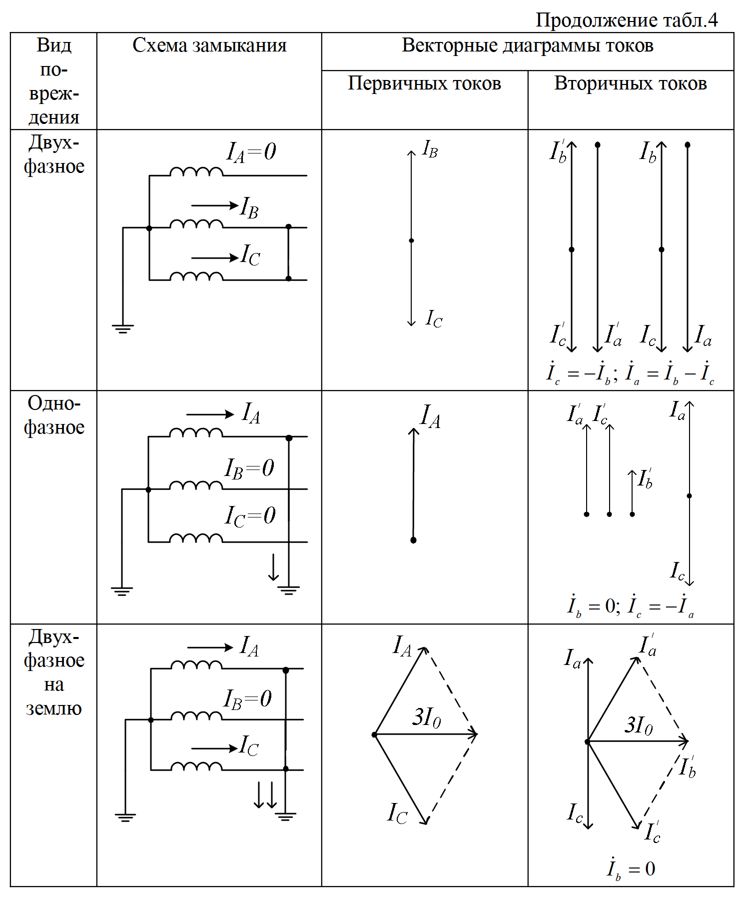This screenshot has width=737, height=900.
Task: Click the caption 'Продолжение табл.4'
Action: pos(627,20)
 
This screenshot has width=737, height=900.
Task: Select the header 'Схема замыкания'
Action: pos(209,45)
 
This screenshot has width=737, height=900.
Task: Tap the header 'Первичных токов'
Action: pos(424,83)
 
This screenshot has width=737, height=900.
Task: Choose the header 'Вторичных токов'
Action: pos(631,83)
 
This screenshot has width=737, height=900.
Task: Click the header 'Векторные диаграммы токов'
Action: pos(527,45)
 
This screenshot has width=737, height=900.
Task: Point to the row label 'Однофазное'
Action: pos(54,415)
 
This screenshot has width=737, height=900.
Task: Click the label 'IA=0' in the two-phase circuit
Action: pos(251,151)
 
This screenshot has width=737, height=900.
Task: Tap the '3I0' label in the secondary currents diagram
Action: pos(639,725)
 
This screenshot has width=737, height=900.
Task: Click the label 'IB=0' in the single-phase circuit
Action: pos(249,468)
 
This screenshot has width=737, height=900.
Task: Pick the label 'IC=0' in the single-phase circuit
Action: pos(250,516)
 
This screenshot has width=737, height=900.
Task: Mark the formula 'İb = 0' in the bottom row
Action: pos(631,868)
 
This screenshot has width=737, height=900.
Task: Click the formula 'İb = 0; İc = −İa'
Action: pos(631,605)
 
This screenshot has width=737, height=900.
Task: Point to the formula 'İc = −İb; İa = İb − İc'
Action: pos(631,373)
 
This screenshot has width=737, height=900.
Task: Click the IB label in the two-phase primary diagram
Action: pos(430,149)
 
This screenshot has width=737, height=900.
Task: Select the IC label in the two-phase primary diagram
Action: pos(434,318)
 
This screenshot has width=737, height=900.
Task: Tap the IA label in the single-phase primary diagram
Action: pos(430,416)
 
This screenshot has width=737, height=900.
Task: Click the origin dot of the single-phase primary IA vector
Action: pos(413,540)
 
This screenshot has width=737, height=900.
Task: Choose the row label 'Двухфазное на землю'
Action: pos(54,672)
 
